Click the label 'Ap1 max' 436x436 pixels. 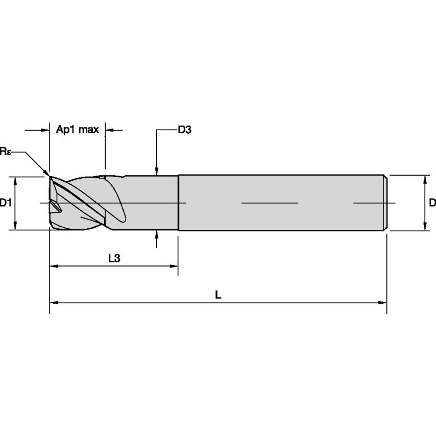coord(77,130)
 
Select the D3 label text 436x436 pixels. coord(184,130)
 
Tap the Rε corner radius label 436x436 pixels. coord(5,151)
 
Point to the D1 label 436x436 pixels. coord(6,203)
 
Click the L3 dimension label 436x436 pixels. coord(114,258)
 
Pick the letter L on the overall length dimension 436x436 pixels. coord(218,295)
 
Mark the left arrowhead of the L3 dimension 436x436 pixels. coord(54,266)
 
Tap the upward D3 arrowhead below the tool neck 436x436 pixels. coord(157,234)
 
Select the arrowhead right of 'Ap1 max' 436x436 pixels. coord(109,131)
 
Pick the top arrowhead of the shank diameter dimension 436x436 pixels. coord(425,179)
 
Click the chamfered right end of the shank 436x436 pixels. coord(385,203)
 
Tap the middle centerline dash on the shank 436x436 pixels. coord(269,203)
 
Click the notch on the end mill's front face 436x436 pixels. coord(56,206)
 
